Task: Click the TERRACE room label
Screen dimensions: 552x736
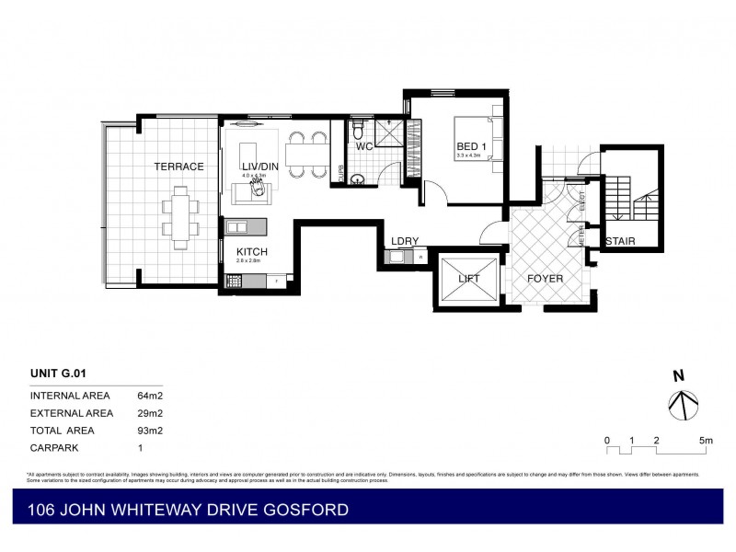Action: tap(179, 167)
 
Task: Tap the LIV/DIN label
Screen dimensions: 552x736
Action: tap(253, 166)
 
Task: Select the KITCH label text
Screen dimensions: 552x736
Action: tap(252, 251)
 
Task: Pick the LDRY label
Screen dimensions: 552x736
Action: tap(405, 242)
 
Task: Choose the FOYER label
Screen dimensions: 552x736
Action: tap(545, 279)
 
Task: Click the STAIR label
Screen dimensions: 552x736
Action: tap(621, 242)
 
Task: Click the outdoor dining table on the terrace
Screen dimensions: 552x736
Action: tap(179, 213)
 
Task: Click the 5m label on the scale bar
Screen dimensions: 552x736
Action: tap(706, 441)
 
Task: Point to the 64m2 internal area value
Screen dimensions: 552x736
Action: tap(149, 395)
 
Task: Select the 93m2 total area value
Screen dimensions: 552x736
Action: tap(149, 431)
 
